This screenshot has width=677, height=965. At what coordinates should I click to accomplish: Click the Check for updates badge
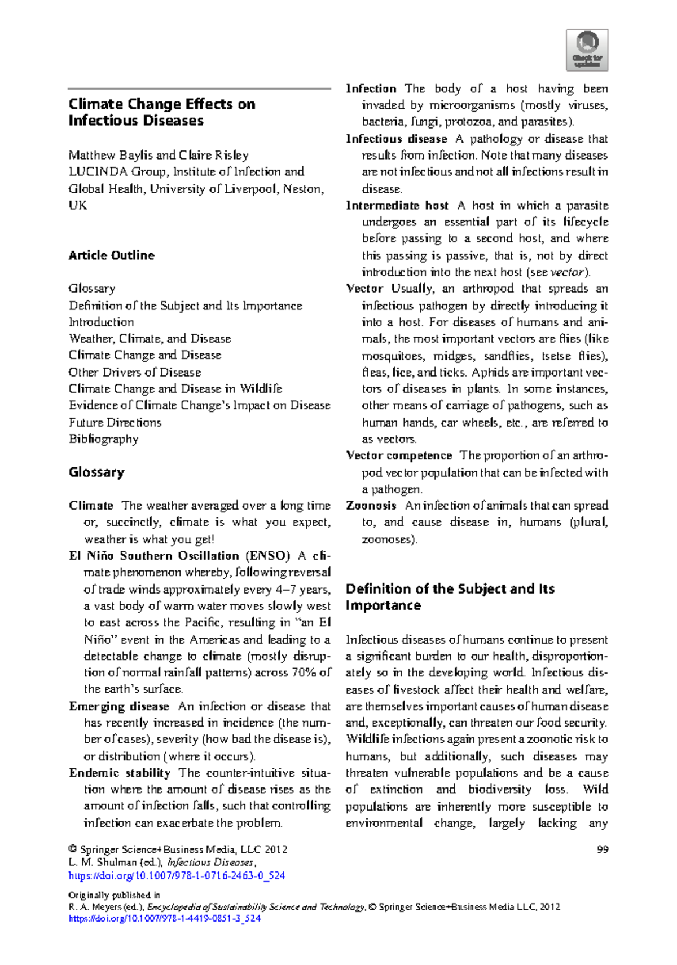587,50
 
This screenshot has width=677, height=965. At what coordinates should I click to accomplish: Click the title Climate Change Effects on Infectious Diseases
161,112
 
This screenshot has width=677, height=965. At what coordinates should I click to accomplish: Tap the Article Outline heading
112,255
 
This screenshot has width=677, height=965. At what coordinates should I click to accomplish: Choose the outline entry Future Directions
115,422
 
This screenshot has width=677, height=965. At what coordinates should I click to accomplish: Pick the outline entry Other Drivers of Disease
135,372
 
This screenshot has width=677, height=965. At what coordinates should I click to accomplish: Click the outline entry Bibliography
104,439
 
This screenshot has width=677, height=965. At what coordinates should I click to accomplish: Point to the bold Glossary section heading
96,472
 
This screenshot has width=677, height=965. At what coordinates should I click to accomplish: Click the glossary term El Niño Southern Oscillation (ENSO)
179,556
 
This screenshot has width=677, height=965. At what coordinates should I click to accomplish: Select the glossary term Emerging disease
119,706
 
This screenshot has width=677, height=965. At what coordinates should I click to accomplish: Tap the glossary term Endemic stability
120,773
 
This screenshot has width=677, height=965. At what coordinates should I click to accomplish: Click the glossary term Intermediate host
397,206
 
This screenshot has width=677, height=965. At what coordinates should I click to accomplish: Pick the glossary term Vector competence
399,455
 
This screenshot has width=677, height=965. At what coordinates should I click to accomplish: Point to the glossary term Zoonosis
371,506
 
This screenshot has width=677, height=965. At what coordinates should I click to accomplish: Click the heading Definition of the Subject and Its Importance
450,597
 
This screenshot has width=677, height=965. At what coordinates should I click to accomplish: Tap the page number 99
602,849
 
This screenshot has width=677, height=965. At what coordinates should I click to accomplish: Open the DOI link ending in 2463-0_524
177,876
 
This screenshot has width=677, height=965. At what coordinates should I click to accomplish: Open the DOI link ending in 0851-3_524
165,918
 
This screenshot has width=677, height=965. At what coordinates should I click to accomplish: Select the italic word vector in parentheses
566,272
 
